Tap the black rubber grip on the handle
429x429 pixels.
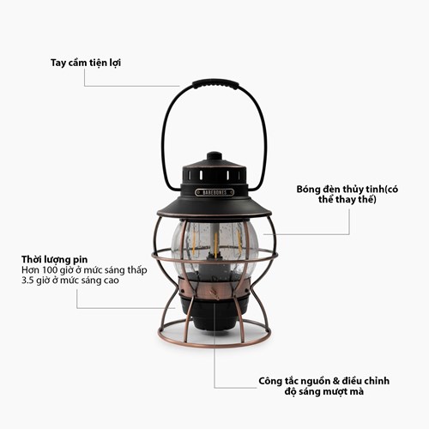[x=214, y=84]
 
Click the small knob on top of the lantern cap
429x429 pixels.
[x=214, y=156]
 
